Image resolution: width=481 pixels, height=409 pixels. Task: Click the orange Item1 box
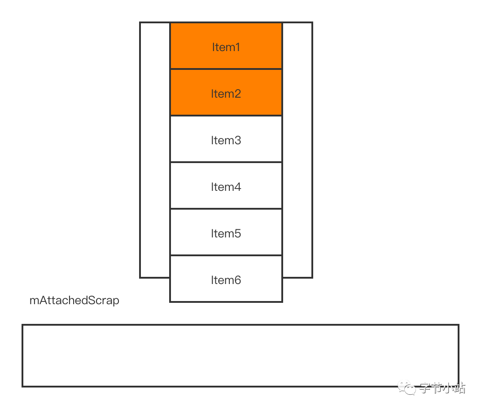coord(226,46)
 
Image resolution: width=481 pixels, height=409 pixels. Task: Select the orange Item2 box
coord(226,93)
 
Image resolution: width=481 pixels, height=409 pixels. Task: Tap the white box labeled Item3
coord(226,139)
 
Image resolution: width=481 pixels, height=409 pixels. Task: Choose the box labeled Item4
coord(226,186)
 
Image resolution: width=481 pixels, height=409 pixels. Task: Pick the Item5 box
coord(226,232)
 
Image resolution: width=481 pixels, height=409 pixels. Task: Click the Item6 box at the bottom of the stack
coord(226,279)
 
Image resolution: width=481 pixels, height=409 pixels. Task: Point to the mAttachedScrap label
coord(74,300)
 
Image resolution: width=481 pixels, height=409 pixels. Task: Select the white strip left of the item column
coord(155,150)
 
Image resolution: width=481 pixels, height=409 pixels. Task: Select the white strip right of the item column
coord(297,150)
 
